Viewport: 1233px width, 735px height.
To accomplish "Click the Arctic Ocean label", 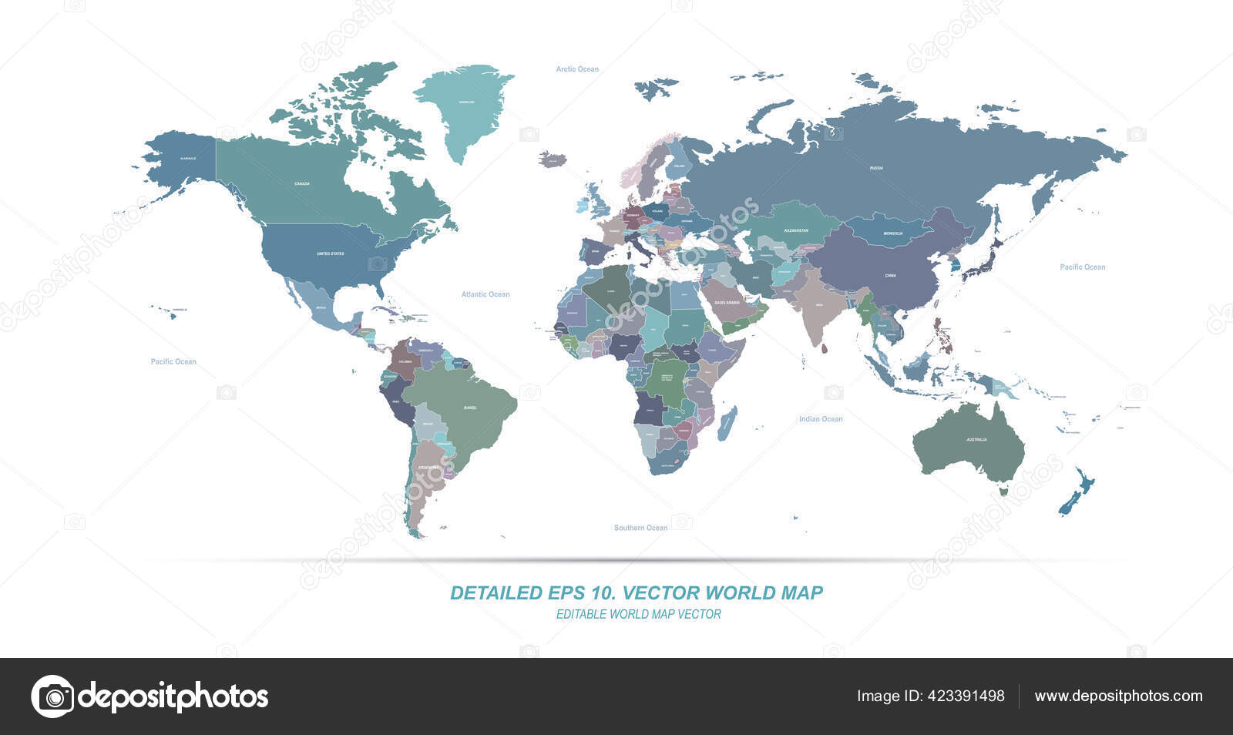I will [577, 69].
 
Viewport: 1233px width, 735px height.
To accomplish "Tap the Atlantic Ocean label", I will [485, 294].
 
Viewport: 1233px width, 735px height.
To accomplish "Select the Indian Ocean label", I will [821, 419].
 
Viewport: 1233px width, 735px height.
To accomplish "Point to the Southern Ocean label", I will [640, 528].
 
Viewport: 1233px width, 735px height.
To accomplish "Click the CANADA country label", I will [302, 184].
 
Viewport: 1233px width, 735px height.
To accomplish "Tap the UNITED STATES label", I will [331, 253].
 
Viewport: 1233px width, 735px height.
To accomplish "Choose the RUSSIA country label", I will [876, 168].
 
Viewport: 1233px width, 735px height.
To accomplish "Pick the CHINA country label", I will [890, 276].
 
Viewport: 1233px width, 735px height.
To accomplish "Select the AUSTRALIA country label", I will [976, 440].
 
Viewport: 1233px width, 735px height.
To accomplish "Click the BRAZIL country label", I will [470, 407].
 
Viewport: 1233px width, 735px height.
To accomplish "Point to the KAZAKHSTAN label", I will [796, 230].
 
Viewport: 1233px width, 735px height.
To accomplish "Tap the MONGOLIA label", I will [893, 233].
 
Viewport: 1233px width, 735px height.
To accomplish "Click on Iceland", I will [553, 159].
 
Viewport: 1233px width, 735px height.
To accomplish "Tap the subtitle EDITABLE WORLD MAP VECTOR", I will [638, 615].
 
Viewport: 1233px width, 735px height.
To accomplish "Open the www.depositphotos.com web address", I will [1118, 696].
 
